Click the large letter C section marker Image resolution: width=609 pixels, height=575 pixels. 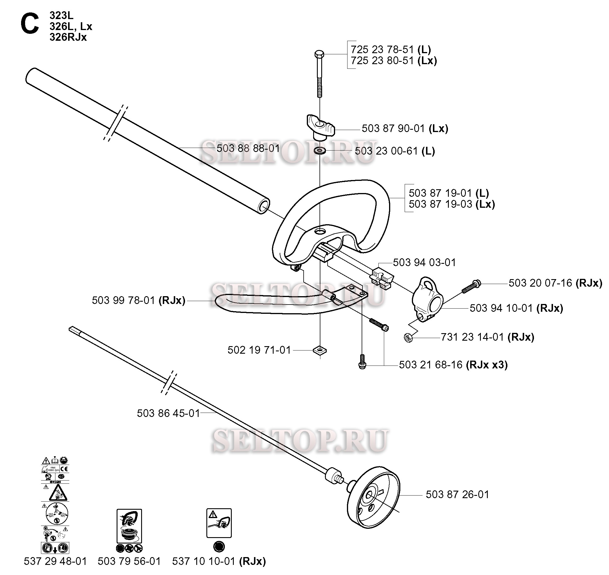pyautogui.click(x=30, y=25)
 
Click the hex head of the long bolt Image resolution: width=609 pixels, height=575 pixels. pyautogui.click(x=319, y=54)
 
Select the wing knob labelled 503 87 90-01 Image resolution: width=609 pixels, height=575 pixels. pyautogui.click(x=320, y=127)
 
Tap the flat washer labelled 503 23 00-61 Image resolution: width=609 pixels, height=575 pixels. pyautogui.click(x=320, y=151)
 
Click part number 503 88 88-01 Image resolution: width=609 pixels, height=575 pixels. pyautogui.click(x=248, y=149)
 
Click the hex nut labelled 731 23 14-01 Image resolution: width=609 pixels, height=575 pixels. pyautogui.click(x=408, y=338)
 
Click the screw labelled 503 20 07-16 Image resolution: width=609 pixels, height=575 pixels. pyautogui.click(x=471, y=286)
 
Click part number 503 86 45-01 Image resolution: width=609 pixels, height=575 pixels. pyautogui.click(x=168, y=413)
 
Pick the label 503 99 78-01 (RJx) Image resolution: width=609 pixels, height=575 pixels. pyautogui.click(x=139, y=301)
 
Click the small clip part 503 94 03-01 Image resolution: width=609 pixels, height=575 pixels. pyautogui.click(x=382, y=279)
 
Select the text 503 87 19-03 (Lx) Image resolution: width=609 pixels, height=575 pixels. pyautogui.click(x=451, y=204)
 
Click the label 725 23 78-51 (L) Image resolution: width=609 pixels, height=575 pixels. pyautogui.click(x=391, y=50)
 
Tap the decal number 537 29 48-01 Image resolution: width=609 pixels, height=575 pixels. pyautogui.click(x=55, y=561)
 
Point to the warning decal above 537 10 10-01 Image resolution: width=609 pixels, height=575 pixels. pyautogui.click(x=219, y=523)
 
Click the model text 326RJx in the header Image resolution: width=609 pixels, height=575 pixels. pyautogui.click(x=68, y=37)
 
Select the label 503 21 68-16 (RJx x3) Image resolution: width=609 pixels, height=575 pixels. pyautogui.click(x=453, y=365)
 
